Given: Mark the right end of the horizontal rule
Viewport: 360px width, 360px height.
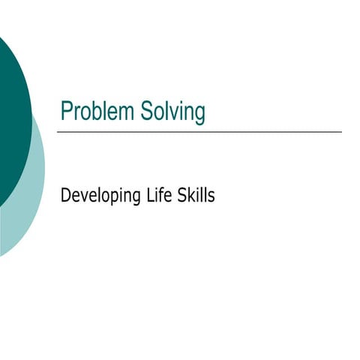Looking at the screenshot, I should pos(340,132).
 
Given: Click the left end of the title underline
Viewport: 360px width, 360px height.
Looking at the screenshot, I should pos(58,132).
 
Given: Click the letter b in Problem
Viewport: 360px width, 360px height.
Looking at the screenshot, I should pos(97,112).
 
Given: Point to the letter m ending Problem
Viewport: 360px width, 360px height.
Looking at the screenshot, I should pos(127,113).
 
